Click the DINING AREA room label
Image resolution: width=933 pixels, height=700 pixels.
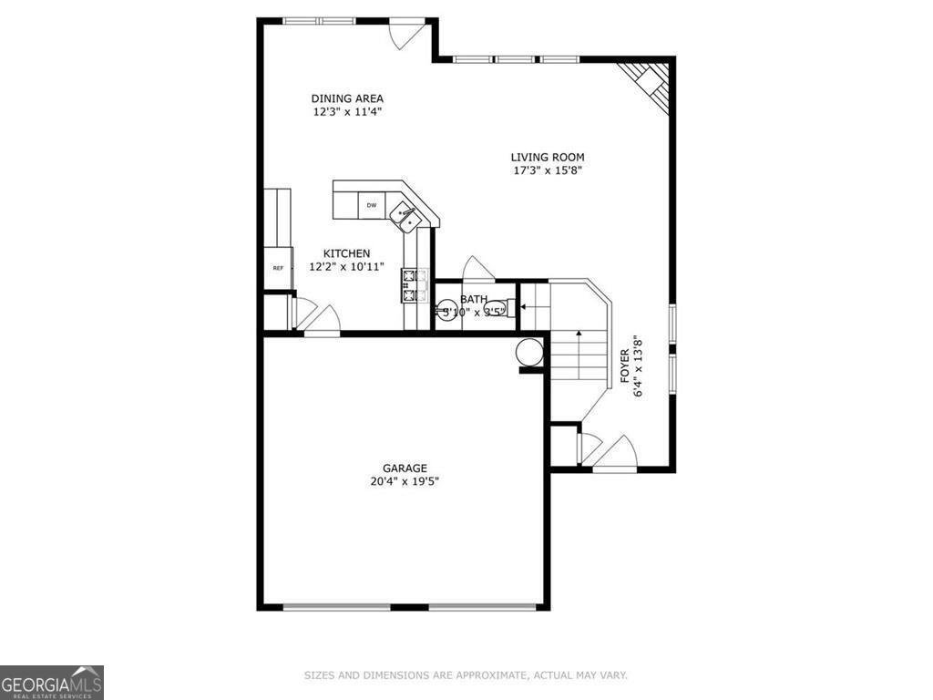(x=346, y=98)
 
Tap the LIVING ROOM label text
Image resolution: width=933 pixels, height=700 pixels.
(x=547, y=157)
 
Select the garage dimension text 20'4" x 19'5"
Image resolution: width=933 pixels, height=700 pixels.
(x=405, y=482)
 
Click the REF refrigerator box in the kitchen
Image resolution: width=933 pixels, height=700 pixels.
(x=278, y=268)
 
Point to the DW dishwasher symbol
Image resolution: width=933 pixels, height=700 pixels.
(x=372, y=206)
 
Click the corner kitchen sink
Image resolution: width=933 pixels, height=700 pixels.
(x=405, y=217)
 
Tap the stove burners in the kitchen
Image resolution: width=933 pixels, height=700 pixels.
(x=411, y=284)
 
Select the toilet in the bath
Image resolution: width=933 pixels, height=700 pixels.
(x=506, y=308)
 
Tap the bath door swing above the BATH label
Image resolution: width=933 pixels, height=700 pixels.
(x=477, y=268)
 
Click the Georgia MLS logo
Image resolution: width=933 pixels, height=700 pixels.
(x=52, y=682)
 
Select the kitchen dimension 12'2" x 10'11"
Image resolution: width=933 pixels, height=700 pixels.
(x=346, y=267)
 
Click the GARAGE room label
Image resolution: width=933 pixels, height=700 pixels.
(x=405, y=468)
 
